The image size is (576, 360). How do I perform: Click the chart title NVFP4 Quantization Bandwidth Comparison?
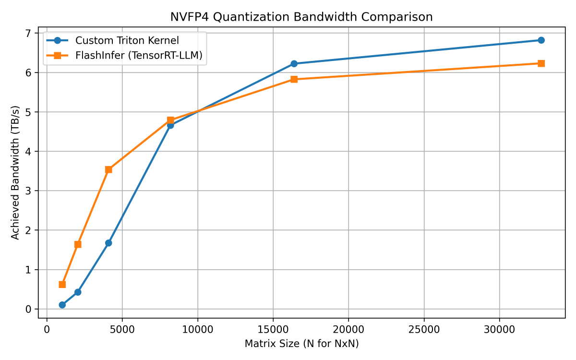301,17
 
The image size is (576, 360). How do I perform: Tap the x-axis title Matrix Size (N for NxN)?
301,344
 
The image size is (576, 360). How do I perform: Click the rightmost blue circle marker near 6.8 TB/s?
541,40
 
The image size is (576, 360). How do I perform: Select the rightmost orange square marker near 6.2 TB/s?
541,63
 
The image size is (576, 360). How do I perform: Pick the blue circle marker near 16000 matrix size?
294,63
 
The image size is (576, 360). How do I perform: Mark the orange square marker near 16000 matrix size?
294,79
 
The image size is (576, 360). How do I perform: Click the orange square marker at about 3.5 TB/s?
108,169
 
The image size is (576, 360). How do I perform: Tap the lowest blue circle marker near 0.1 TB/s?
62,305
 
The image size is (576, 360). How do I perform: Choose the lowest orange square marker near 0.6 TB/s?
62,284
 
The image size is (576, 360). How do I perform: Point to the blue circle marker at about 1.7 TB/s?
108,243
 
